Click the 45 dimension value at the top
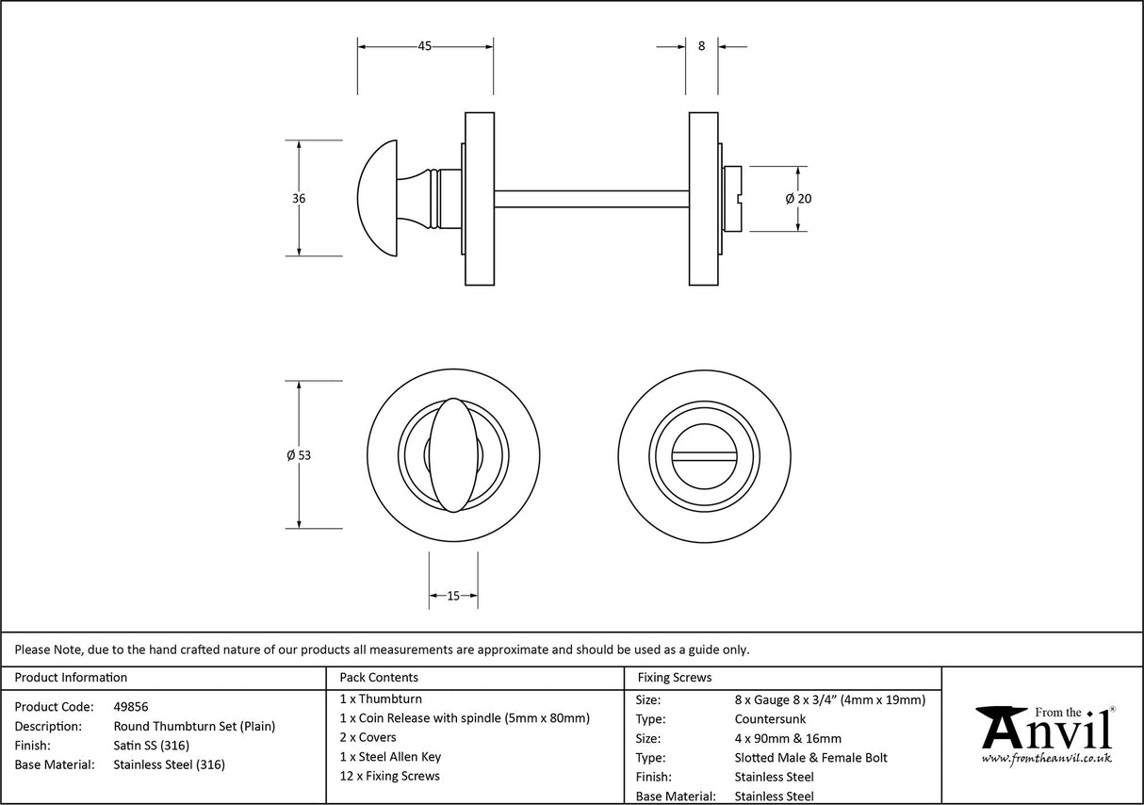click(424, 46)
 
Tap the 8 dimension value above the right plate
click(701, 46)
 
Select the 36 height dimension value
click(299, 199)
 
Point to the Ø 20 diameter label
click(798, 199)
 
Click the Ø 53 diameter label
click(299, 455)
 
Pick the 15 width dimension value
click(453, 596)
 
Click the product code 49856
click(131, 706)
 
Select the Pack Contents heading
click(379, 677)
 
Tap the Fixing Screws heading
click(675, 677)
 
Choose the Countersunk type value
click(770, 719)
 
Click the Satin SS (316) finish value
click(152, 746)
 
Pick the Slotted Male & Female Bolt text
click(810, 758)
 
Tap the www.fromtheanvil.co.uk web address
click(1046, 758)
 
